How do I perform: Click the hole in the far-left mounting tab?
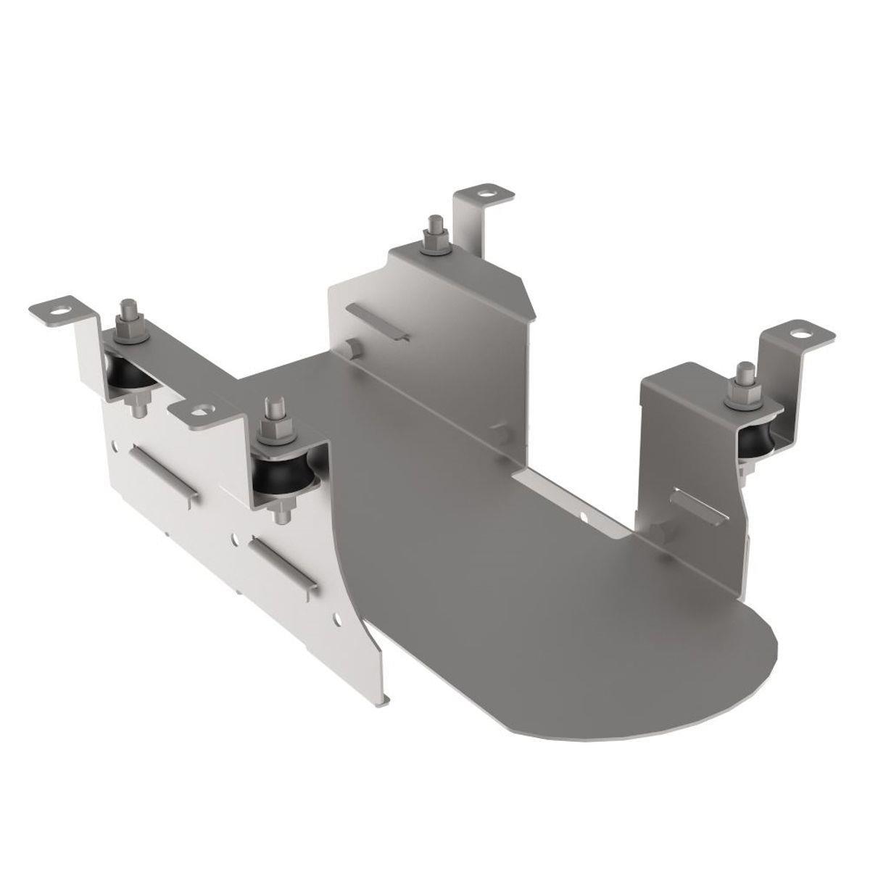pyautogui.click(x=68, y=310)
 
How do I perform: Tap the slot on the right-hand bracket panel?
pyautogui.click(x=697, y=507)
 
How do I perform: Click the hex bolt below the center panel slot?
pyautogui.click(x=352, y=349)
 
